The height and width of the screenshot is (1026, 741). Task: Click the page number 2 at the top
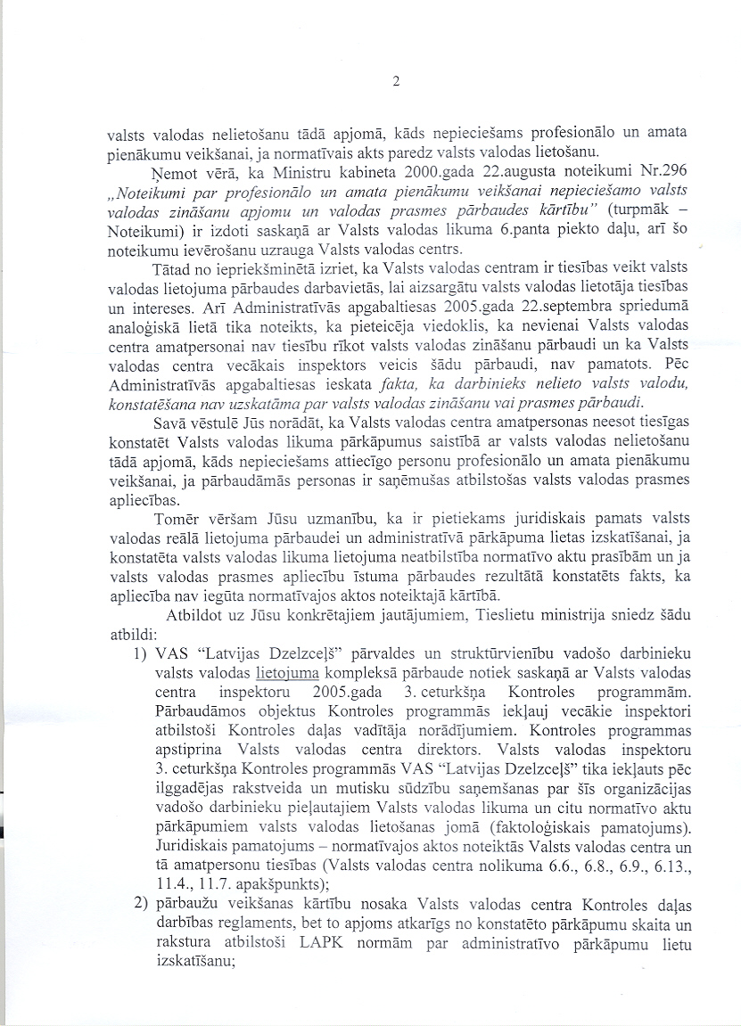(394, 84)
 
